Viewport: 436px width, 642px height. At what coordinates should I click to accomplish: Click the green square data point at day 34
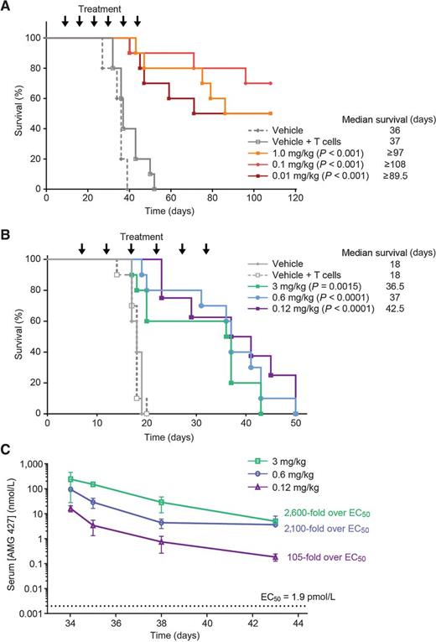tap(71, 479)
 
